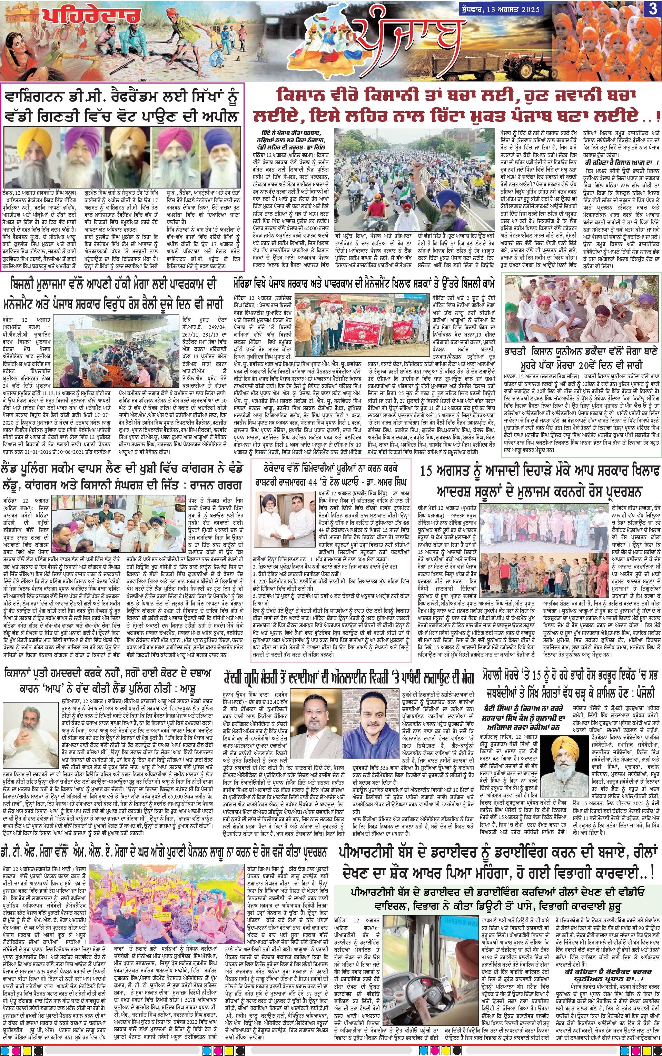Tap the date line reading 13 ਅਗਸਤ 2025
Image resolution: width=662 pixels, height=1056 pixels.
[x=514, y=8]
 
